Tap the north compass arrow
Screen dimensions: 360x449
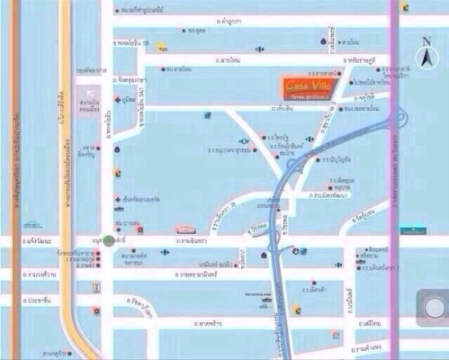pos(425,56)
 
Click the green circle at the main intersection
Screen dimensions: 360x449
pos(109,240)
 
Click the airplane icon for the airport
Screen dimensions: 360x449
pos(88,94)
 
